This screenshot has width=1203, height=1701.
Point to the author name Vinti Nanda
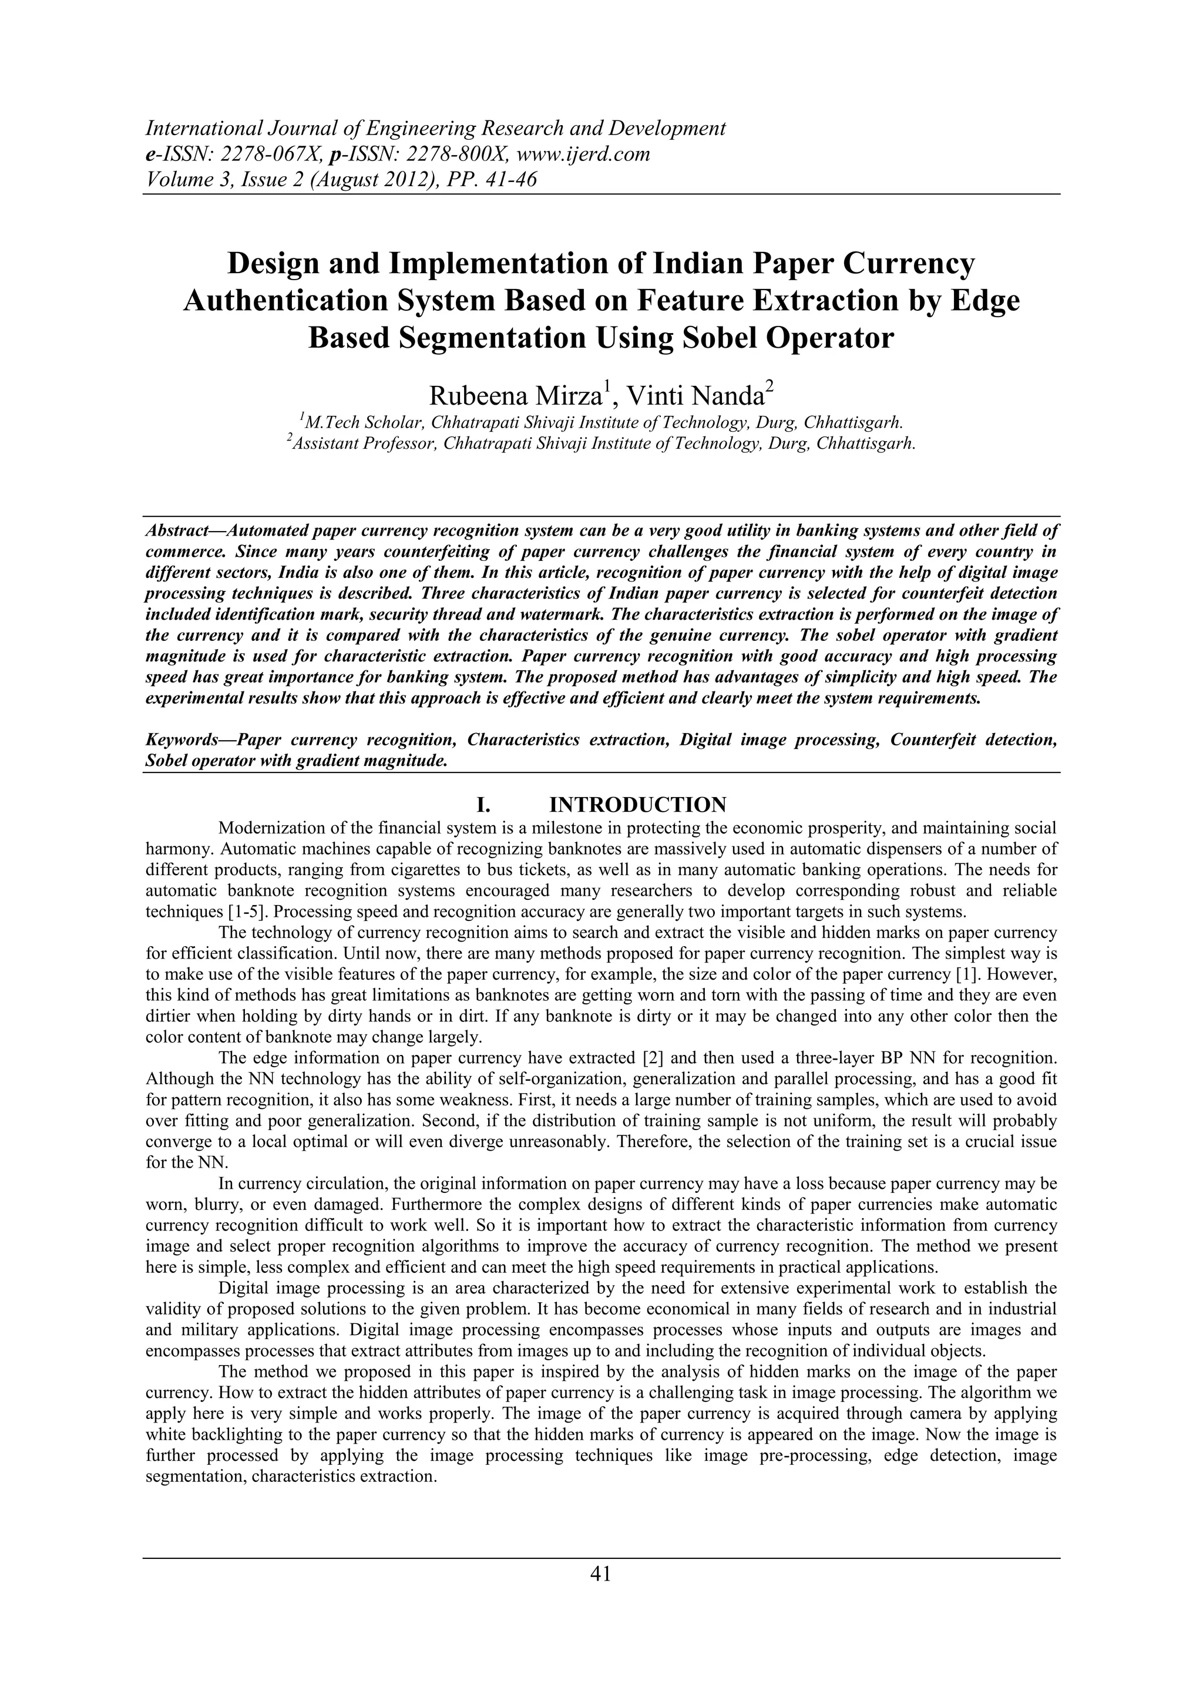coord(695,396)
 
